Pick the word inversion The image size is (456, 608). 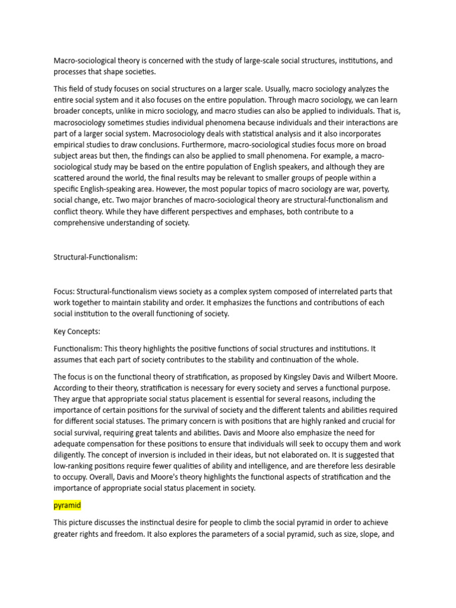[135, 455]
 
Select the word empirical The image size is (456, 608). [69, 144]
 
